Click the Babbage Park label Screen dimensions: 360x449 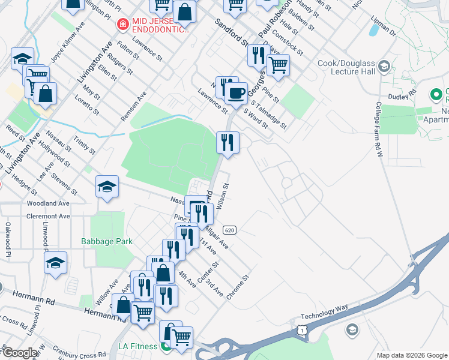(x=107, y=242)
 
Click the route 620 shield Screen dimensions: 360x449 (x=229, y=230)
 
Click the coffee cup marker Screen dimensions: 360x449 (x=235, y=93)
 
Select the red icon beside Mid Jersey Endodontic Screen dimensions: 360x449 (x=122, y=24)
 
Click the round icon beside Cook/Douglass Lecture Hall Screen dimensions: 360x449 (x=384, y=65)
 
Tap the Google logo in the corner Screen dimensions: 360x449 (x=20, y=353)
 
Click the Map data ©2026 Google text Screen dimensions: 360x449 (x=412, y=355)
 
